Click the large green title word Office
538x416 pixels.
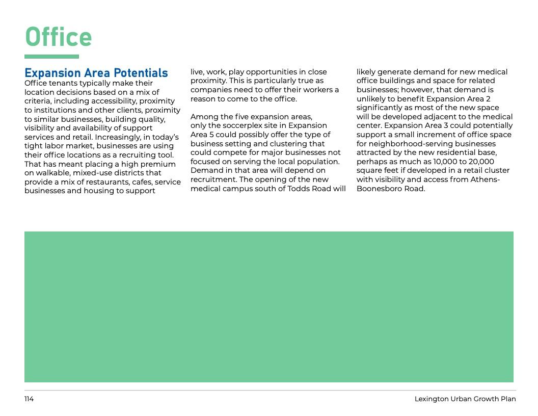pos(58,37)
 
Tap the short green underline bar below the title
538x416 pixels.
pos(51,57)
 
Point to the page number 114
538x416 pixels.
pos(29,399)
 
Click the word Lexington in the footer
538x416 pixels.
pos(431,399)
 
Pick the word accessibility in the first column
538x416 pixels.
pos(114,101)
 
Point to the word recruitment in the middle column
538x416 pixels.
pos(213,179)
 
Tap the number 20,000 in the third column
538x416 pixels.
pos(481,162)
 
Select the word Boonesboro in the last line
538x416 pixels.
pos(378,189)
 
